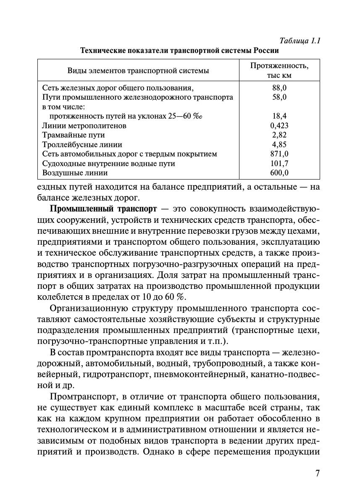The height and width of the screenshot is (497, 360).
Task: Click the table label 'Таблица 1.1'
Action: pos(300,41)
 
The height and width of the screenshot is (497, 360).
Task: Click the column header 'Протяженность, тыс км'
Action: pos(279,71)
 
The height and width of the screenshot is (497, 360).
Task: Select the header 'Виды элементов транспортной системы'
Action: pos(138,71)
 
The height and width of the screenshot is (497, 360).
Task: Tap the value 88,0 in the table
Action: pos(279,88)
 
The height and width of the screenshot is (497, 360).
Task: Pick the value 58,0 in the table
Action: pos(279,97)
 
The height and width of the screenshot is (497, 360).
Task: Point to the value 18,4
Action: pos(279,116)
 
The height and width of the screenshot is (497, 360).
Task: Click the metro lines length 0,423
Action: pos(279,126)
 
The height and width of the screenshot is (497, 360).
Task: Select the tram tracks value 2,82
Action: pos(279,135)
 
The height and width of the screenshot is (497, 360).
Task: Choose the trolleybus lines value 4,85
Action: pos(279,145)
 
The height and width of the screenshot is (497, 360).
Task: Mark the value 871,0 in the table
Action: pos(279,154)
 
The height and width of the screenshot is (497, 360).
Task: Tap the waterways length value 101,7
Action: pos(279,164)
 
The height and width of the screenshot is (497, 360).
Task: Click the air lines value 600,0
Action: pos(279,173)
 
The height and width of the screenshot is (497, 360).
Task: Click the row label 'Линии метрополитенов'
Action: pos(84,126)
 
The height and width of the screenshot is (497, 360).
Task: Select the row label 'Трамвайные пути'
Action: pos(74,135)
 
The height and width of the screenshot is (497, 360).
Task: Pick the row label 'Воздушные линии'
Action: pos(75,173)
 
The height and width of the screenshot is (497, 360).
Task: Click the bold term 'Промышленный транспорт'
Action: pos(103,209)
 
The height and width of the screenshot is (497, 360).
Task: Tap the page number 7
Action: pos(317,473)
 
